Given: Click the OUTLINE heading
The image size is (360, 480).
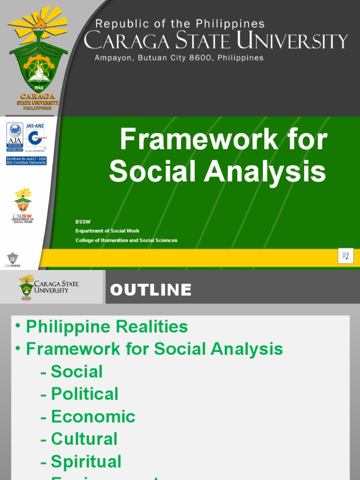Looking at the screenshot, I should point(150,290).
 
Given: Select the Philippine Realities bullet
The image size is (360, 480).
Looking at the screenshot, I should point(107,326).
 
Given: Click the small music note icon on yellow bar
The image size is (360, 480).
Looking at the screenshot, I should point(345,255).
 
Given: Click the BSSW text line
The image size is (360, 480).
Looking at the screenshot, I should point(83,222).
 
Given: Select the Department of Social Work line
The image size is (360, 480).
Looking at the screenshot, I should point(107,231).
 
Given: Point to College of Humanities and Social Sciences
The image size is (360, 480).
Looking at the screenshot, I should point(127,240).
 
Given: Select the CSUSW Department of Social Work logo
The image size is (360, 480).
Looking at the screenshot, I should point(23,205).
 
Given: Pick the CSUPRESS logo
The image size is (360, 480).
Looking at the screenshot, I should point(12,259).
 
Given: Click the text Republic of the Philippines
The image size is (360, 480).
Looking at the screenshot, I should point(180,24).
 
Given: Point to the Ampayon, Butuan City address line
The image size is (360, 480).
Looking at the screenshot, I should point(179,58).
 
